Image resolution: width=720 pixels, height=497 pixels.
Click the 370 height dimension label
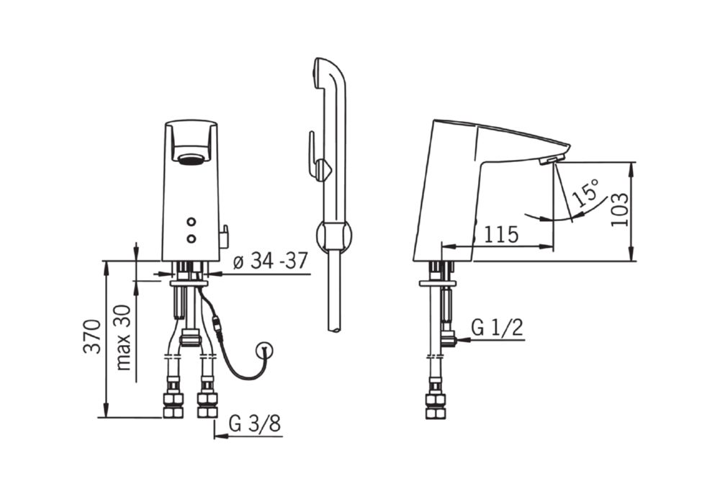coord(92,336)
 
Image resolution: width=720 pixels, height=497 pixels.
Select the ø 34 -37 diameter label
coord(270,261)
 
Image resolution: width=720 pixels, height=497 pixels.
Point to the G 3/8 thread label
coord(255,424)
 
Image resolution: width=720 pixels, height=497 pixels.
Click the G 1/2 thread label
coord(497,328)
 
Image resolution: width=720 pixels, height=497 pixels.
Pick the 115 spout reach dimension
coord(501,235)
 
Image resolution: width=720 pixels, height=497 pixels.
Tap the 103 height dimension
coord(620,209)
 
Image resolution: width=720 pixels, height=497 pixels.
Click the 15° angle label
coord(586,192)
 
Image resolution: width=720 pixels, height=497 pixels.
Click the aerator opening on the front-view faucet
coord(192,159)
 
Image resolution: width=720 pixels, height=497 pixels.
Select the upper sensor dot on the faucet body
coord(192,223)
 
